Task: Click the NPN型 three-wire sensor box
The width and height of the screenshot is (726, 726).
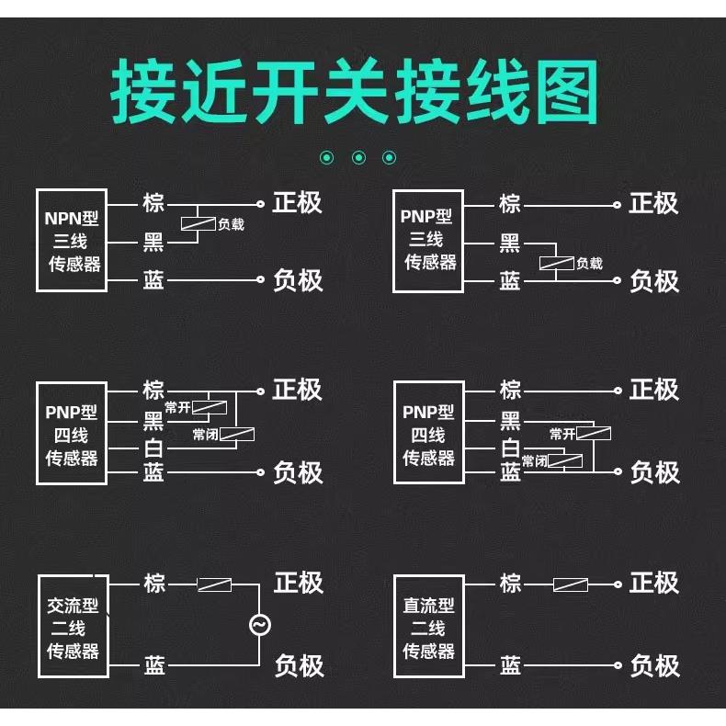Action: [x=73, y=241]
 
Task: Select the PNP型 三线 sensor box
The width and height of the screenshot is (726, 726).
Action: [x=429, y=241]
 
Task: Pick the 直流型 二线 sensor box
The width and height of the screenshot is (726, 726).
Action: [x=429, y=628]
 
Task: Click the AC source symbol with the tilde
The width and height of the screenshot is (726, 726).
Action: [x=259, y=625]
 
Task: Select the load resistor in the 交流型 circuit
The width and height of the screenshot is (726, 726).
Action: [x=215, y=584]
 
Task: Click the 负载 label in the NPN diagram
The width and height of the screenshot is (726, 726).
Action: [x=231, y=223]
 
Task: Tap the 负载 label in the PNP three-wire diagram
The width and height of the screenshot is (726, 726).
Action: [x=589, y=264]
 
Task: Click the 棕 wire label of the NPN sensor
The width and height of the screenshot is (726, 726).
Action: [x=153, y=202]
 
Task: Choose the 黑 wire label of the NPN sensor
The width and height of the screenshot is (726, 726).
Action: [x=153, y=243]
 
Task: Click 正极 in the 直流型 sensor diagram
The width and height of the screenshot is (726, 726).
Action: [x=654, y=583]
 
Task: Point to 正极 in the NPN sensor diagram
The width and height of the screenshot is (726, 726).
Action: [x=298, y=202]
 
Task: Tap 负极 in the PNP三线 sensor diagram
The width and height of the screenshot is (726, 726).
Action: [x=654, y=281]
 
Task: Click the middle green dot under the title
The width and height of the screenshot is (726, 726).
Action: [x=358, y=158]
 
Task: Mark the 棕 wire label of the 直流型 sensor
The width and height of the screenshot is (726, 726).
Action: [x=510, y=583]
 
